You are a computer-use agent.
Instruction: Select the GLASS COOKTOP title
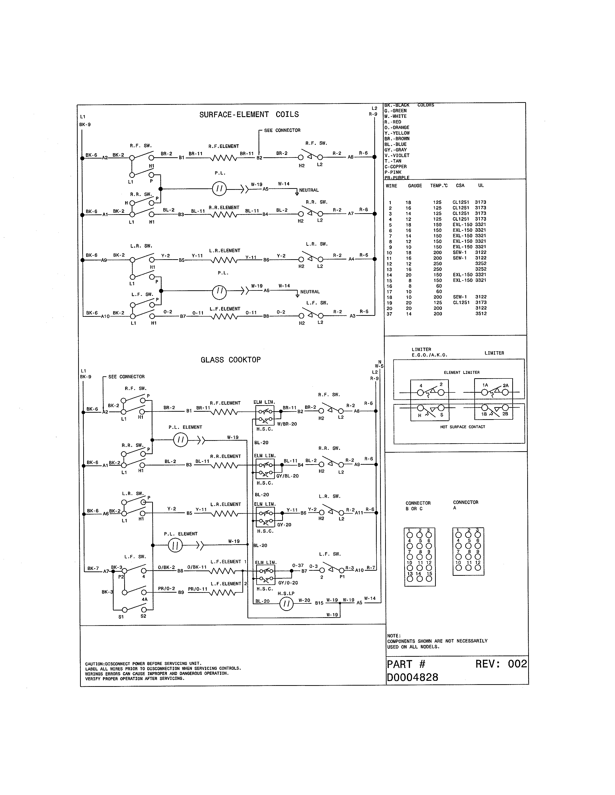click(x=231, y=360)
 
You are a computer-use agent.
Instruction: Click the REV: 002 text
click(x=501, y=664)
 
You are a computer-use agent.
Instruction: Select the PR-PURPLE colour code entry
click(x=397, y=178)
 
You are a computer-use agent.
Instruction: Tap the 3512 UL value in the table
click(x=481, y=314)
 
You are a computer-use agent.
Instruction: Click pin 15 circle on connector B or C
click(x=429, y=579)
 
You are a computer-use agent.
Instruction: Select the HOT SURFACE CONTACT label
click(x=462, y=427)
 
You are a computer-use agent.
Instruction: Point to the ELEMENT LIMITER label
click(x=462, y=372)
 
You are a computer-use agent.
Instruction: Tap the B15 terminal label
click(x=319, y=603)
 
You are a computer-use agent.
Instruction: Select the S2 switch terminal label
click(x=143, y=616)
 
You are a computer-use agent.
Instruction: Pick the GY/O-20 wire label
click(x=288, y=583)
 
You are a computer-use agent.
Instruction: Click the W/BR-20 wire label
click(x=287, y=424)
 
